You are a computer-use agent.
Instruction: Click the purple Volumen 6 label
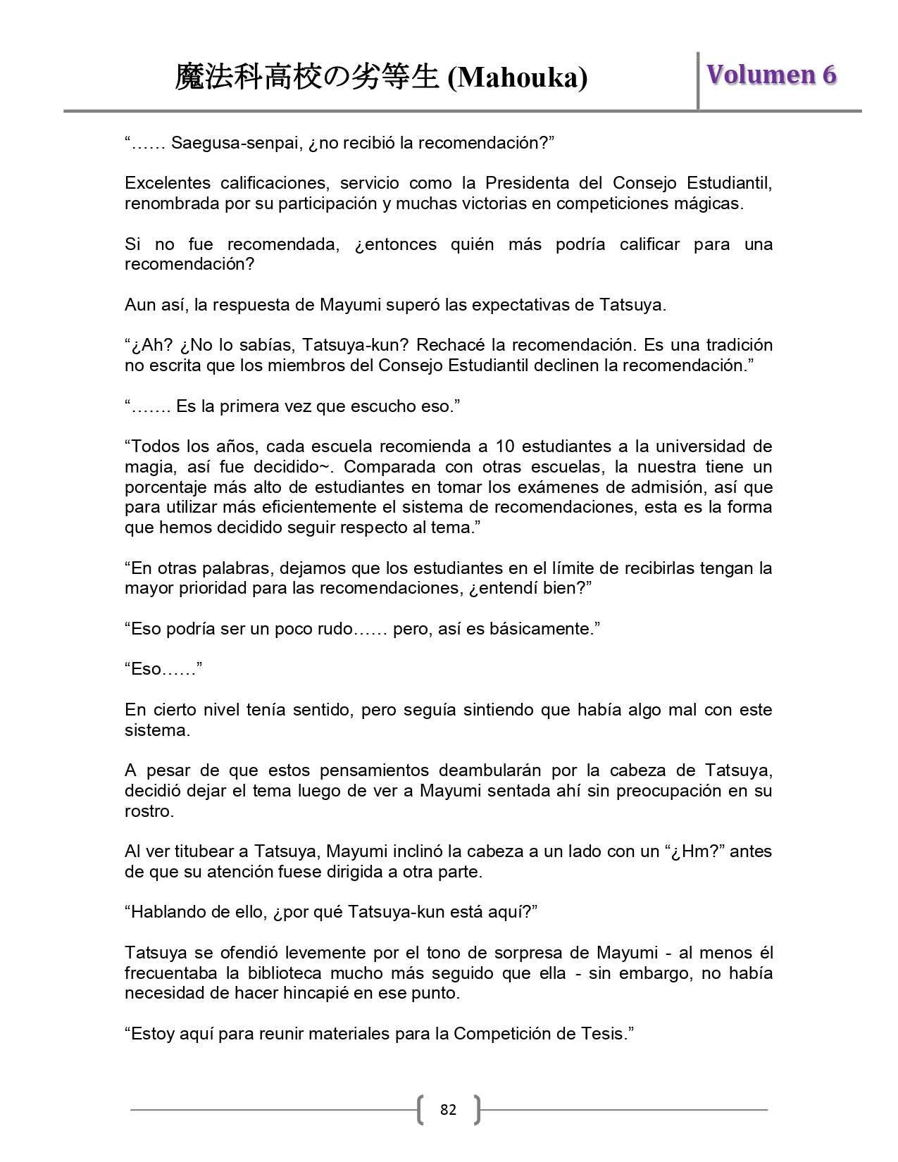point(771,75)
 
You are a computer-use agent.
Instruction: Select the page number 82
point(448,1110)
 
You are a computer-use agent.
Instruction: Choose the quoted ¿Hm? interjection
point(696,851)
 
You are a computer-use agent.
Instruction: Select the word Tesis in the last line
point(606,1034)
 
